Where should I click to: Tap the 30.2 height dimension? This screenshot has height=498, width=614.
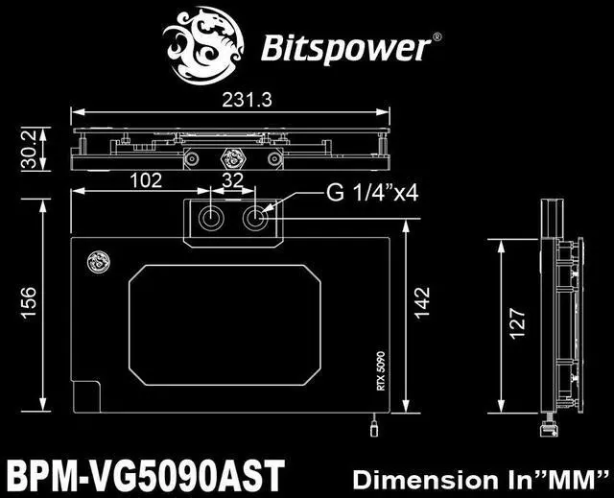[30, 147]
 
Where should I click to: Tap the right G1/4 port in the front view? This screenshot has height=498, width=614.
[256, 219]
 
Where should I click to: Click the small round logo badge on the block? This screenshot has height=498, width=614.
[96, 260]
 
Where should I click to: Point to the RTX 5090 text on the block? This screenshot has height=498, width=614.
[380, 369]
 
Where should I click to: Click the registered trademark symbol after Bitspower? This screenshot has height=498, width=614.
[437, 36]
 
